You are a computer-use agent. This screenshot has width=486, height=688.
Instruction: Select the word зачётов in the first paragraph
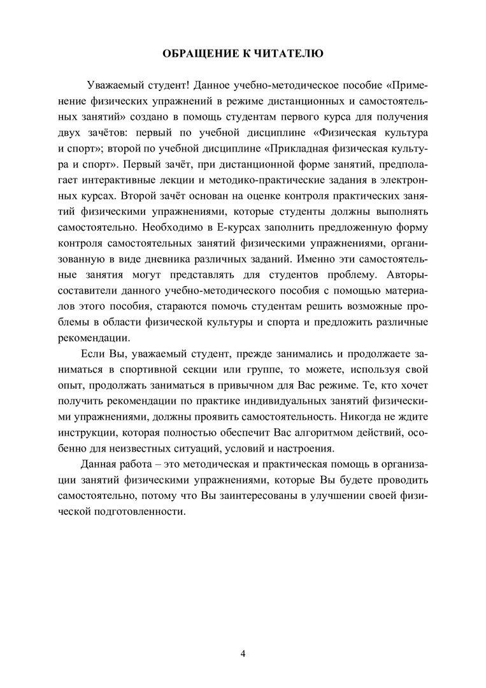(x=120, y=134)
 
